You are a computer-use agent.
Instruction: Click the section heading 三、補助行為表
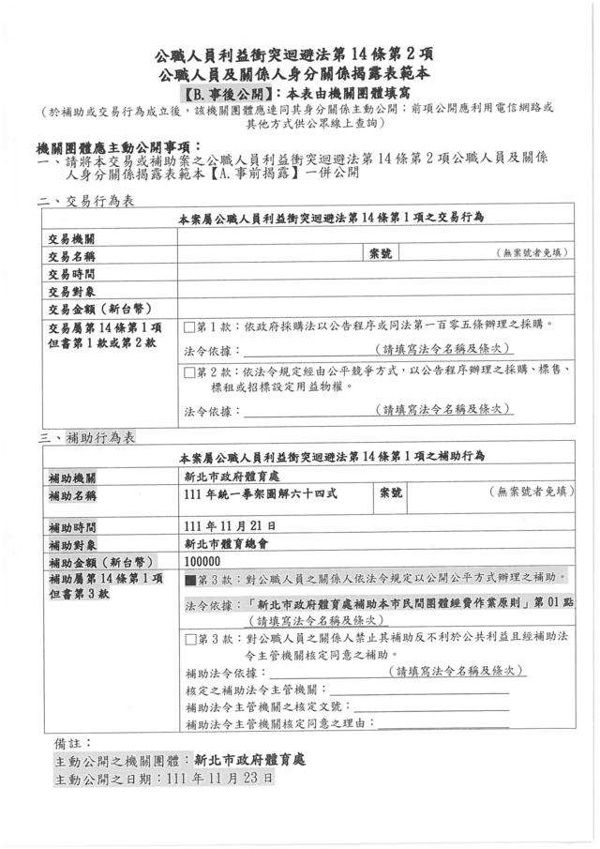86,438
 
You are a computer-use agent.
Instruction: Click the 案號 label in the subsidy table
389,492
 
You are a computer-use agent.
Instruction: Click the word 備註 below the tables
70,742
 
